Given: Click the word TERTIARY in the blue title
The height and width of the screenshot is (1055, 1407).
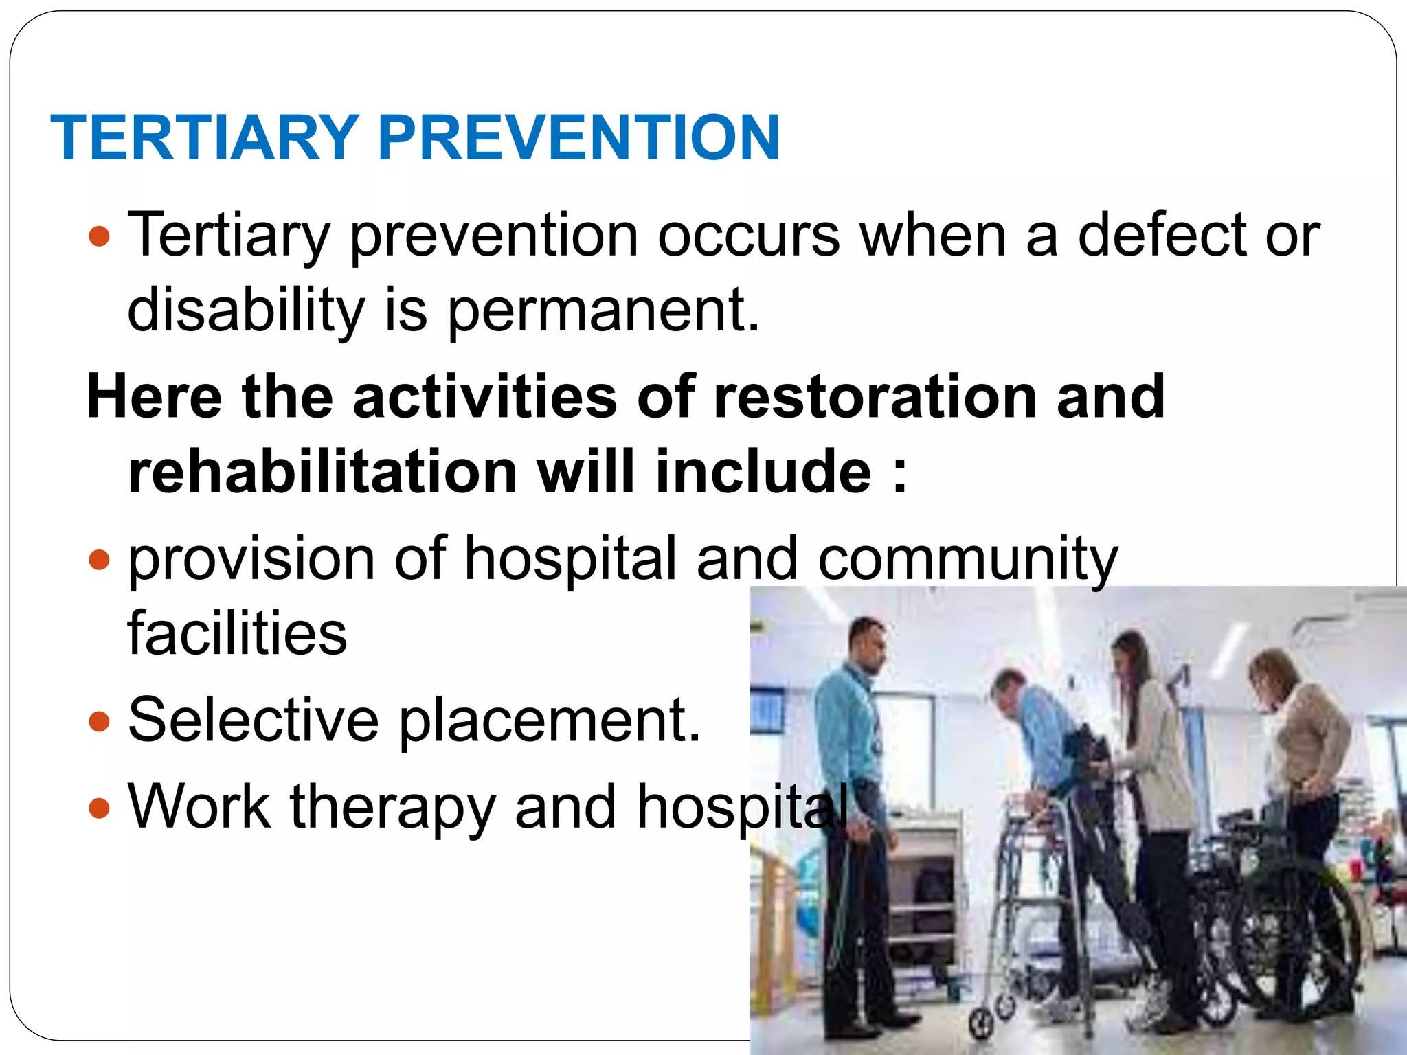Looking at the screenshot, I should tap(205, 138).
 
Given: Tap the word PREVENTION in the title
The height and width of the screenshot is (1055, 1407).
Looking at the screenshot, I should tap(578, 138).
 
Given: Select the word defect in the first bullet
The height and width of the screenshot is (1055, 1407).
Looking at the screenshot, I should tap(1162, 235).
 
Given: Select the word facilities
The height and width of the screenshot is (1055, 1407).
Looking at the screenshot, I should tap(238, 633).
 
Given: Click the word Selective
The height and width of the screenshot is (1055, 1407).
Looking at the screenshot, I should tap(253, 720).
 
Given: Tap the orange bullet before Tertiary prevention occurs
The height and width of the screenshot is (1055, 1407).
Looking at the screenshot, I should tap(100, 237).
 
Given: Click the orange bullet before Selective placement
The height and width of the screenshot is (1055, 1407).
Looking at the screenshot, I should tap(100, 722).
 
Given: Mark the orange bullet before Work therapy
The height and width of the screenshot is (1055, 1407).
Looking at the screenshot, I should tap(100, 808).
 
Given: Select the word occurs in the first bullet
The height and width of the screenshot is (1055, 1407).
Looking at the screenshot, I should tap(748, 235).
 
